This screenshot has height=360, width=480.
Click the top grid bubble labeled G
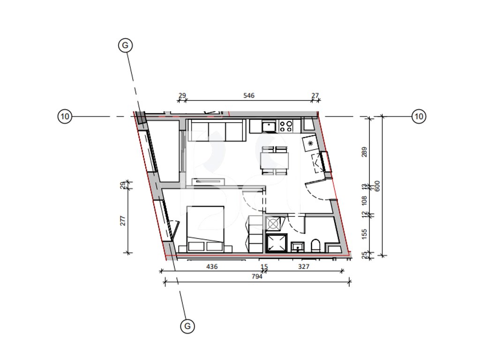[125, 45]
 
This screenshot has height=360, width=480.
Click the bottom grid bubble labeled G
[187, 326]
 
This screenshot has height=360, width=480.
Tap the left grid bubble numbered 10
[65, 116]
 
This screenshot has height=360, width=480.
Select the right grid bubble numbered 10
[419, 116]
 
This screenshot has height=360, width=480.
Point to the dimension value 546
[249, 96]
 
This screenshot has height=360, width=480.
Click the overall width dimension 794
[257, 277]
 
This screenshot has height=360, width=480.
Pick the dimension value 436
[212, 267]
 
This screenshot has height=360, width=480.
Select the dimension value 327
[304, 267]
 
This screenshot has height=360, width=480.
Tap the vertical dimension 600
[377, 186]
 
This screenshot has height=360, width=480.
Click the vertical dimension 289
[364, 152]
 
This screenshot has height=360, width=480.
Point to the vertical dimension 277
[123, 221]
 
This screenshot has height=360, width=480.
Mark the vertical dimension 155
[364, 234]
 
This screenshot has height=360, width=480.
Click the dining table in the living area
[275, 160]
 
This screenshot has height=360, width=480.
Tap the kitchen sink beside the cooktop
[269, 126]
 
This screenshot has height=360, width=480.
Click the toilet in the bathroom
[315, 245]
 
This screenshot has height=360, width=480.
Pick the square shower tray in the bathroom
[277, 243]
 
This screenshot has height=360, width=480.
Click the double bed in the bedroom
[205, 229]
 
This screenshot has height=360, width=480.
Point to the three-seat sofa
[217, 130]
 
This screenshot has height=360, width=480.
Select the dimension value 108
[364, 201]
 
